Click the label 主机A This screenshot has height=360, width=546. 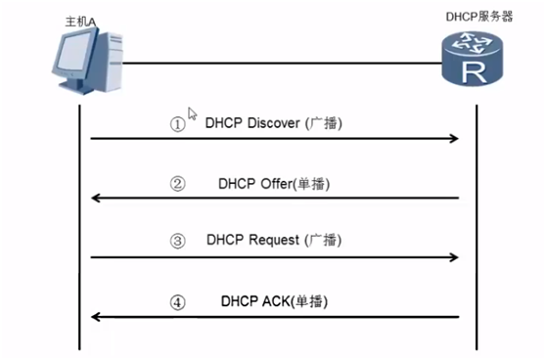(72, 19)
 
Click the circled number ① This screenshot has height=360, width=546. (177, 125)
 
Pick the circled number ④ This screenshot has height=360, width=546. (177, 302)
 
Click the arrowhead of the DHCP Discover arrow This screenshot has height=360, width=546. (454, 140)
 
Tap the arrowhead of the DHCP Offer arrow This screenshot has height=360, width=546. (96, 199)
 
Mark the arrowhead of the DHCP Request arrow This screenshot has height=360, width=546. (454, 257)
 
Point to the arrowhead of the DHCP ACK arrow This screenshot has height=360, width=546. (96, 317)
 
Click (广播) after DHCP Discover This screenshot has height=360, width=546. (326, 124)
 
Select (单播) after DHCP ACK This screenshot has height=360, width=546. (310, 302)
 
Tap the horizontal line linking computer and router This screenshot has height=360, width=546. (284, 64)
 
